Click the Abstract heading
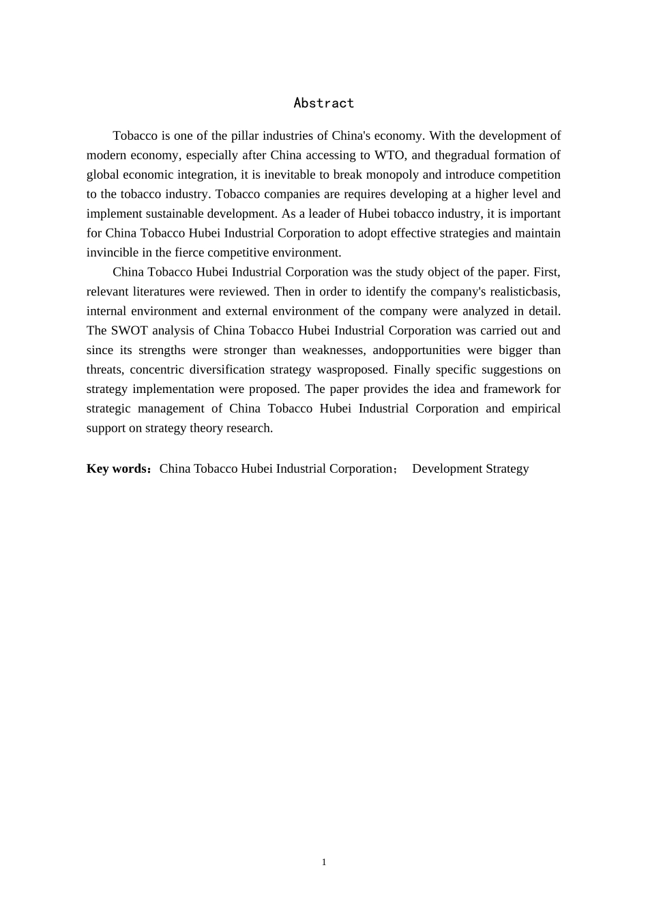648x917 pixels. click(323, 103)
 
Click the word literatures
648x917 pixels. click(162, 291)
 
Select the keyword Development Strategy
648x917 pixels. click(470, 469)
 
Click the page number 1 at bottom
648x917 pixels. click(324, 862)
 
